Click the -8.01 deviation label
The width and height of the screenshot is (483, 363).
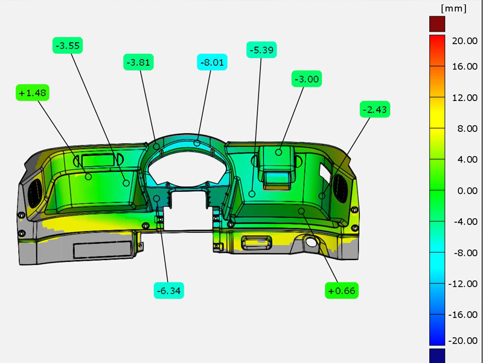213,62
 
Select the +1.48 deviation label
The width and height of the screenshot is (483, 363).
33,93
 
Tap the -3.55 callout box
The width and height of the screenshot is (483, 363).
68,46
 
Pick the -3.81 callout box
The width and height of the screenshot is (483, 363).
138,62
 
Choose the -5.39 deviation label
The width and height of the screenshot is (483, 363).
261,50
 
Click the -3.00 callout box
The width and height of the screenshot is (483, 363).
307,79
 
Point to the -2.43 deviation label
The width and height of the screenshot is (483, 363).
375,110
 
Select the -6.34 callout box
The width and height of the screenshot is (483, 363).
169,290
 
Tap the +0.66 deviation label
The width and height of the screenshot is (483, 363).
342,290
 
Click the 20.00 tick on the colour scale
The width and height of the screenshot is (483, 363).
464,41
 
